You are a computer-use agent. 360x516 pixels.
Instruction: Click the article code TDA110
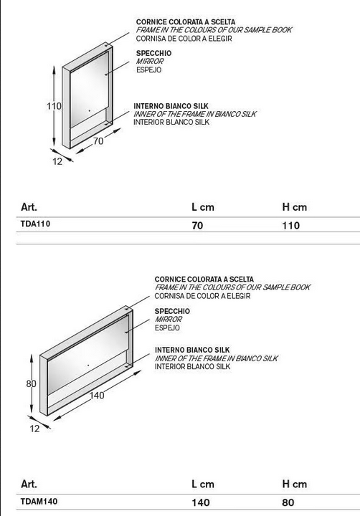pyautogui.click(x=36, y=224)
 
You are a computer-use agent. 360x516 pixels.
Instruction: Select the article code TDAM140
pyautogui.click(x=39, y=502)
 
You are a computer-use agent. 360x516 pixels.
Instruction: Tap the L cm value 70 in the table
pyautogui.click(x=197, y=226)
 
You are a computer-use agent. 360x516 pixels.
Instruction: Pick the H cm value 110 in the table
pyautogui.click(x=291, y=226)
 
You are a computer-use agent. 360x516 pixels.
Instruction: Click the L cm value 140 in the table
pyautogui.click(x=201, y=502)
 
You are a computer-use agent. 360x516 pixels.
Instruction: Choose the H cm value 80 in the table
pyautogui.click(x=288, y=502)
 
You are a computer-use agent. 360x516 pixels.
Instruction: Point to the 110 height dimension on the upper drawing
pyautogui.click(x=54, y=106)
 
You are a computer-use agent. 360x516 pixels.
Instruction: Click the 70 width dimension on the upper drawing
pyautogui.click(x=98, y=141)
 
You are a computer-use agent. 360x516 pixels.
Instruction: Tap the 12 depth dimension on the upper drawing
pyautogui.click(x=57, y=161)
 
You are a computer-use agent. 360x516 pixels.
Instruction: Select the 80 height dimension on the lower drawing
pyautogui.click(x=32, y=383)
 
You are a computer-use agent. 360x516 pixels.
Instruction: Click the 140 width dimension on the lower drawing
pyautogui.click(x=97, y=395)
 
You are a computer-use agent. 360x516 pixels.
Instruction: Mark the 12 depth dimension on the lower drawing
pyautogui.click(x=34, y=429)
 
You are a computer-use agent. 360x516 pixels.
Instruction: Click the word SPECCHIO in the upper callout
pyautogui.click(x=153, y=53)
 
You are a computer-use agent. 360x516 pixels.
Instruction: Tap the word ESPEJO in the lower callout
pyautogui.click(x=167, y=328)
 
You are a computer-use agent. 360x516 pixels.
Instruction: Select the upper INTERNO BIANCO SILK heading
pyautogui.click(x=171, y=106)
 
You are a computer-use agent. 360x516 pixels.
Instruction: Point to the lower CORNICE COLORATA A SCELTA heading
pyautogui.click(x=204, y=279)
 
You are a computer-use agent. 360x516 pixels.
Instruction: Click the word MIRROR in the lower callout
pyautogui.click(x=169, y=319)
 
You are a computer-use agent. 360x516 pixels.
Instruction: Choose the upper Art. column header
pyautogui.click(x=29, y=207)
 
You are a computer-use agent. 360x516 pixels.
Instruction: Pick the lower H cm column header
pyautogui.click(x=295, y=484)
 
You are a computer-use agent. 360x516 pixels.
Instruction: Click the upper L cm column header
pyautogui.click(x=203, y=207)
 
